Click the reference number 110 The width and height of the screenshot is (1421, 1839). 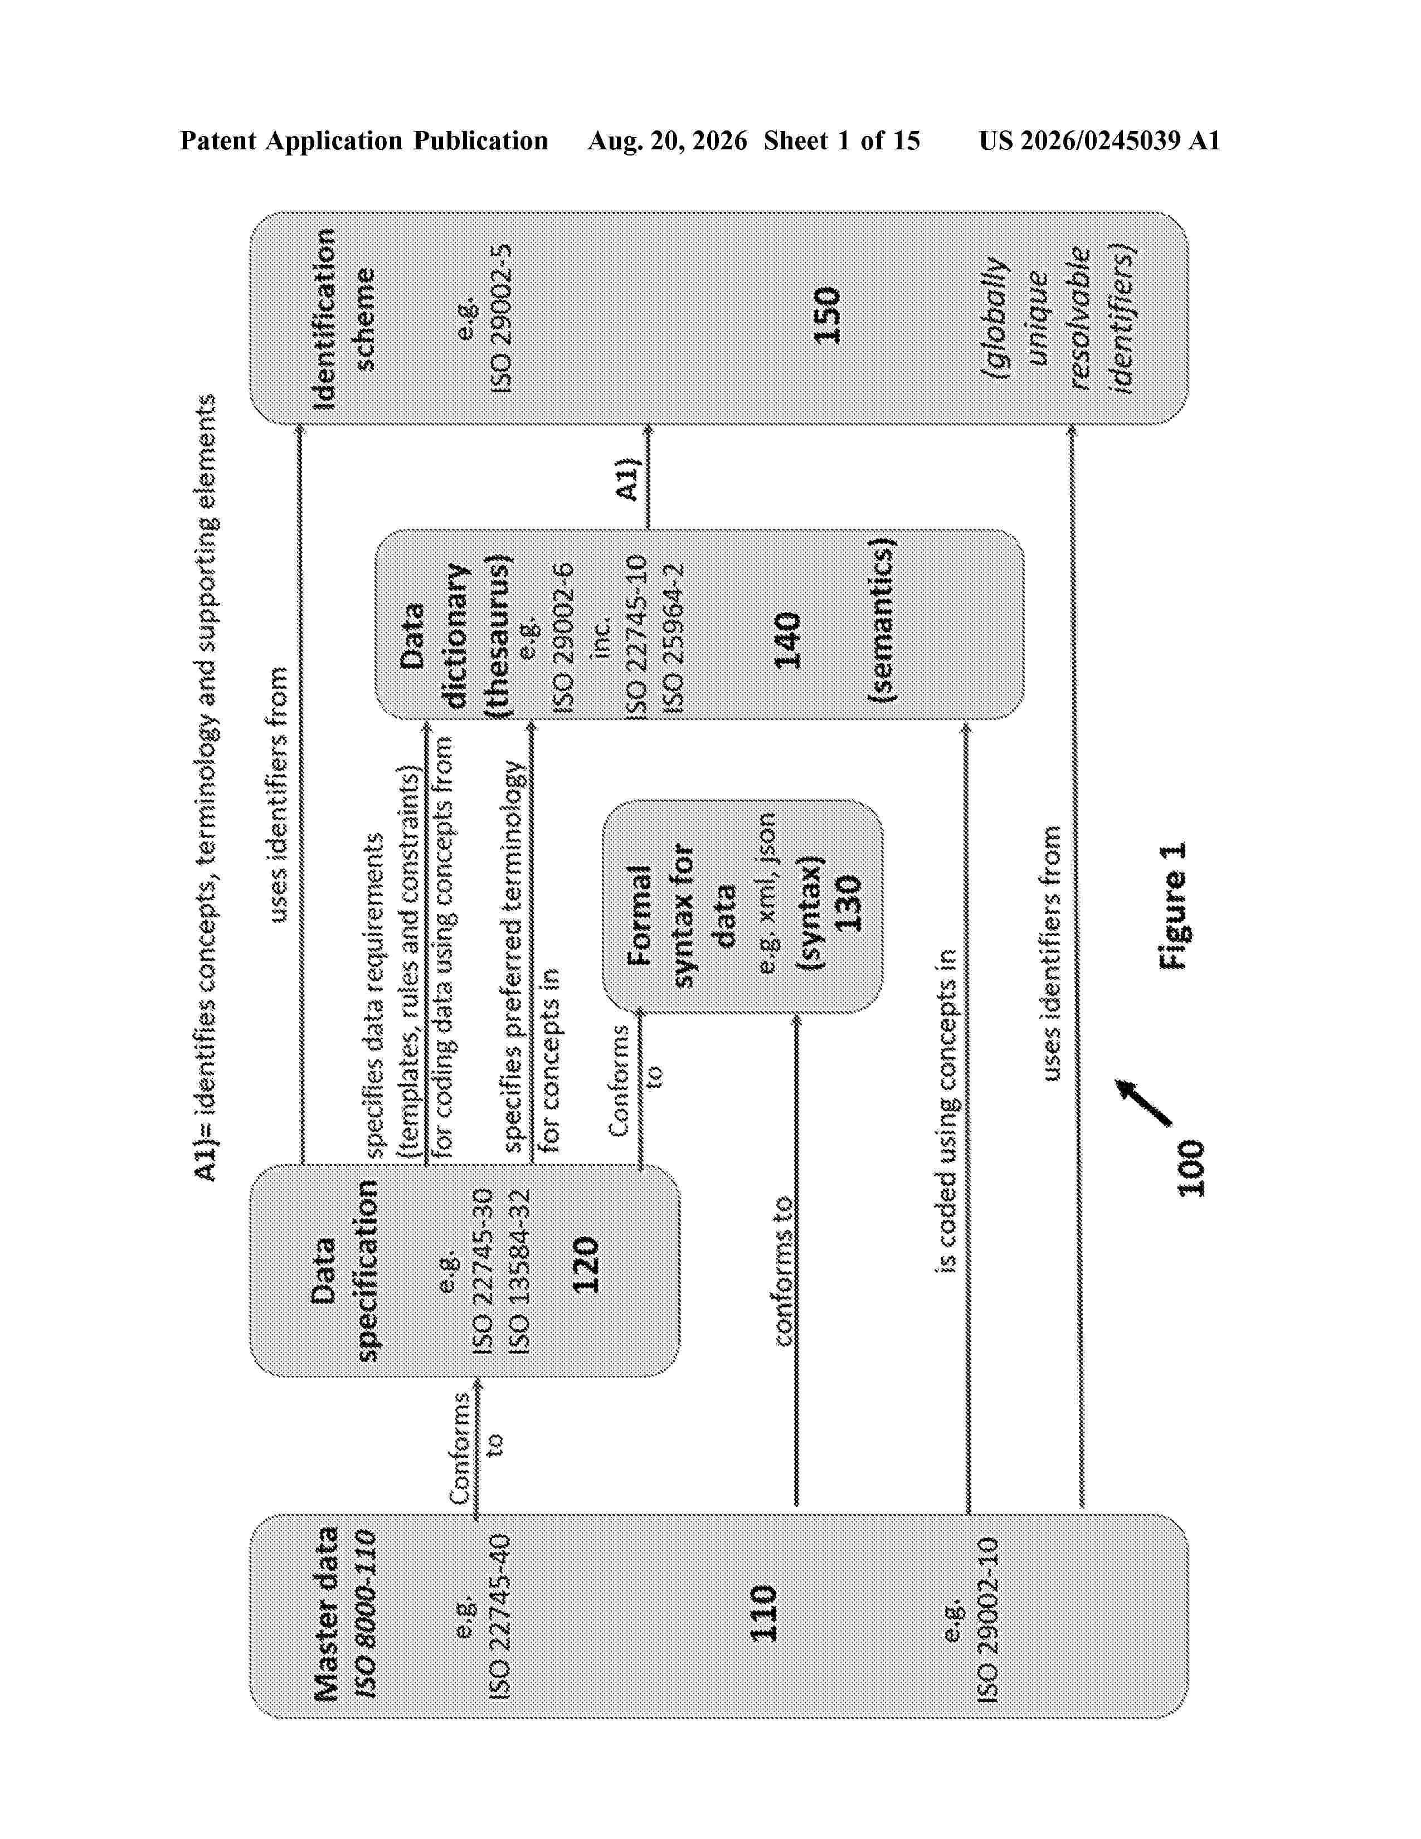[763, 1613]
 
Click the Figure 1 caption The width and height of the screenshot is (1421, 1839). [1172, 904]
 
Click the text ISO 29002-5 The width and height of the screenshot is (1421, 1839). [501, 318]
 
